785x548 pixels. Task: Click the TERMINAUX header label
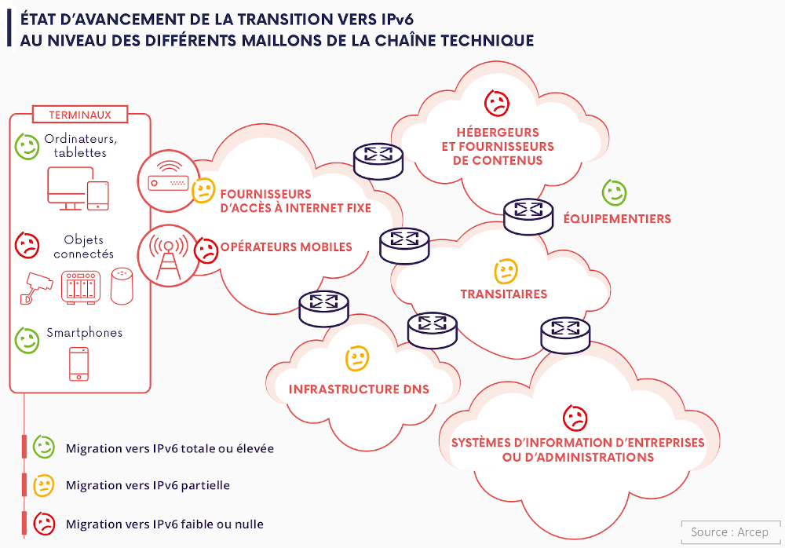pyautogui.click(x=80, y=115)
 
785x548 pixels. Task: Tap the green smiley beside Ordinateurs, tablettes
pyautogui.click(x=27, y=146)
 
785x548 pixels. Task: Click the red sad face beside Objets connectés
pyautogui.click(x=27, y=245)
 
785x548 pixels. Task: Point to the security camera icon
pyautogui.click(x=35, y=287)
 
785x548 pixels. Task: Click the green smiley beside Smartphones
pyautogui.click(x=27, y=339)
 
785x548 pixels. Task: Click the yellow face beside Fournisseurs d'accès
pyautogui.click(x=203, y=189)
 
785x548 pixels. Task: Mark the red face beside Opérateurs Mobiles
pyautogui.click(x=206, y=250)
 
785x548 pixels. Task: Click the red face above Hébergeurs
pyautogui.click(x=496, y=103)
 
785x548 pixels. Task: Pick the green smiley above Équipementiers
pyautogui.click(x=614, y=192)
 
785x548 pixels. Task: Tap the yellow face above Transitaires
pyautogui.click(x=506, y=272)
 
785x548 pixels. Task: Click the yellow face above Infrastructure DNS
pyautogui.click(x=357, y=359)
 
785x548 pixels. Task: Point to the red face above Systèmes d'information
pyautogui.click(x=575, y=418)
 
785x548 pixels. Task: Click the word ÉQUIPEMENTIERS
pyautogui.click(x=617, y=219)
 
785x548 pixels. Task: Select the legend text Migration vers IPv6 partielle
pyautogui.click(x=148, y=485)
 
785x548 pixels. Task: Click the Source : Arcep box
pyautogui.click(x=730, y=532)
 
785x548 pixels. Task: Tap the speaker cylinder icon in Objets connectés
pyautogui.click(x=122, y=286)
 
